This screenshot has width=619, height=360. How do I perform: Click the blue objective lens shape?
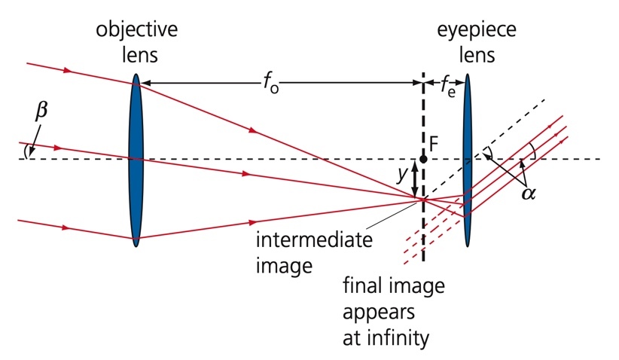coord(136,159)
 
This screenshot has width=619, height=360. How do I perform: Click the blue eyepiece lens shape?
coord(468,159)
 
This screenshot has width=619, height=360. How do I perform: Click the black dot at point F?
coord(424,159)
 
